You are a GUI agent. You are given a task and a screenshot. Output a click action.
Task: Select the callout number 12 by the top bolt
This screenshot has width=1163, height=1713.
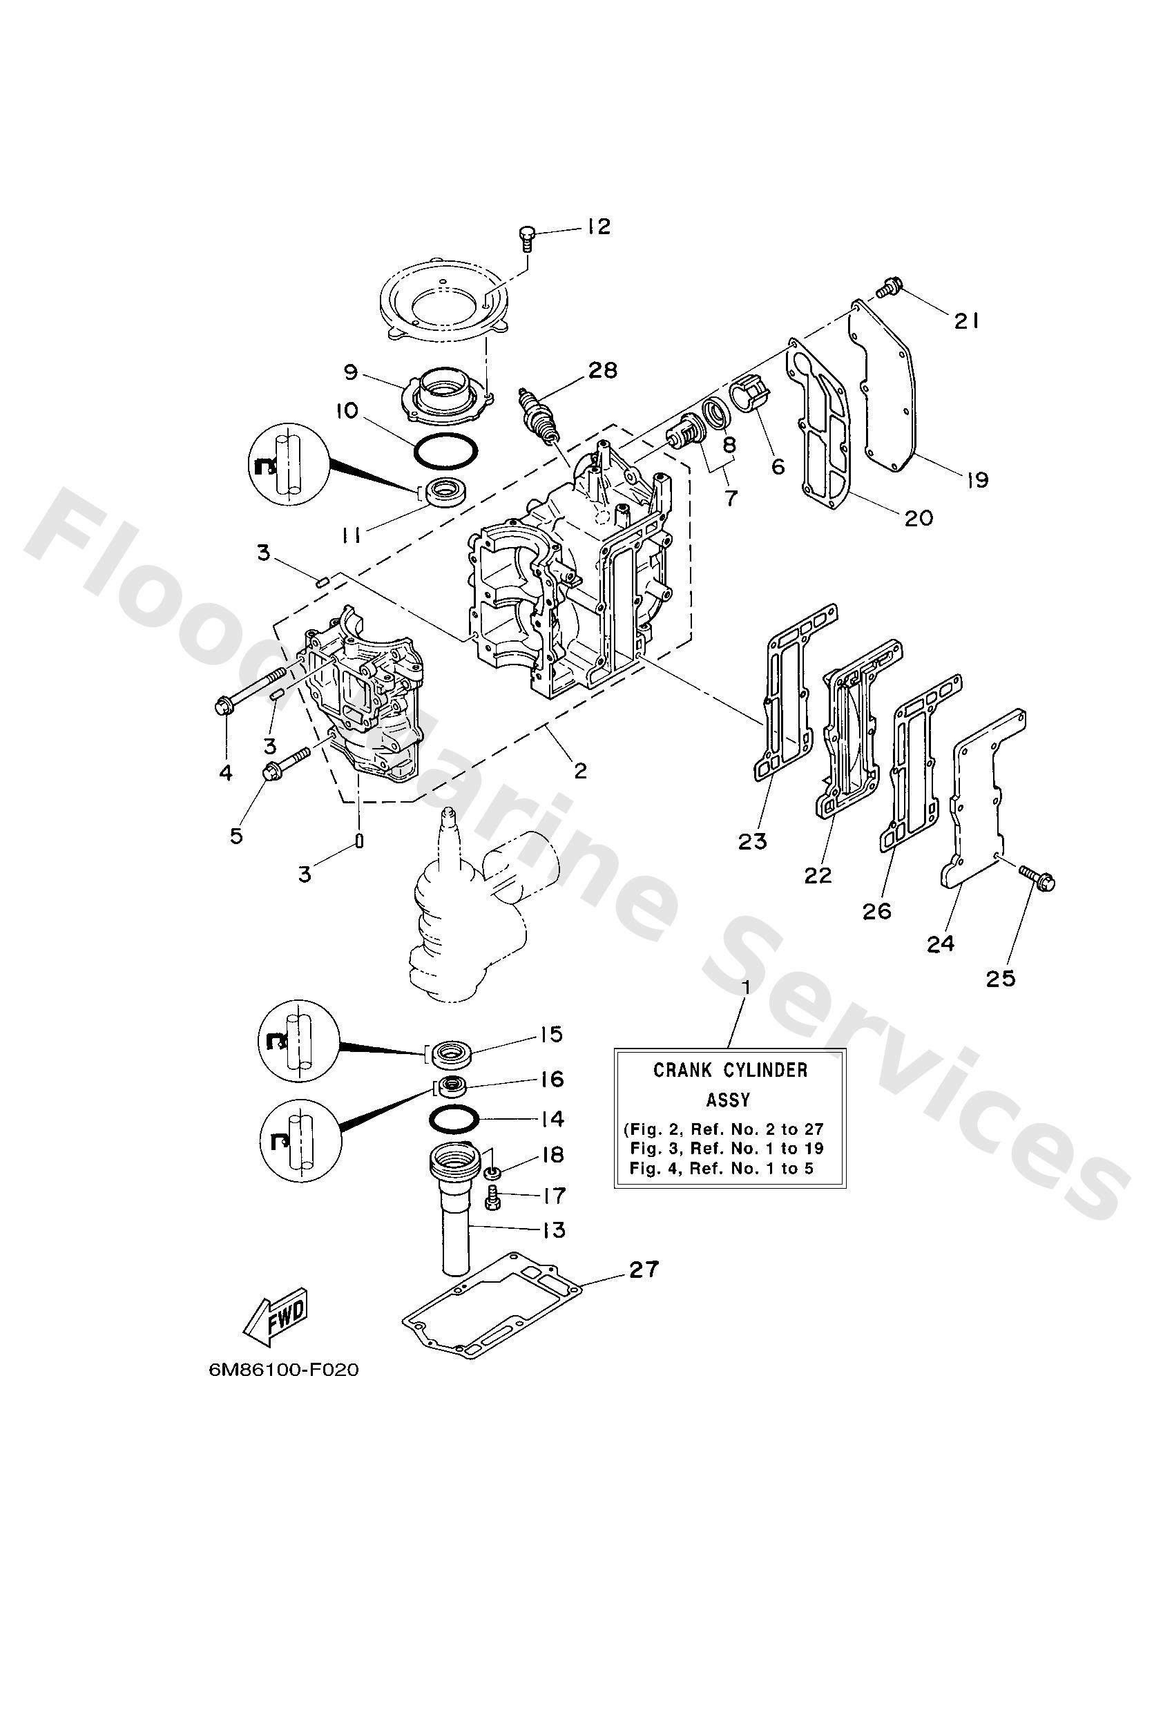(x=599, y=227)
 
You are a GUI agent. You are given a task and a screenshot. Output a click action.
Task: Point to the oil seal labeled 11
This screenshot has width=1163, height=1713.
(x=445, y=491)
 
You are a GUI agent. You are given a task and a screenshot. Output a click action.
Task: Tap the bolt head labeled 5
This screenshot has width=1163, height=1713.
(x=270, y=773)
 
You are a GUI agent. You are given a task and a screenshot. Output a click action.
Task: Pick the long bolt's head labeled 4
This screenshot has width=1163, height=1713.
(x=222, y=707)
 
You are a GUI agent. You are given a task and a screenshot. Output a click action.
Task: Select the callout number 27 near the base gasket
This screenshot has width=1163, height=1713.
(x=644, y=1270)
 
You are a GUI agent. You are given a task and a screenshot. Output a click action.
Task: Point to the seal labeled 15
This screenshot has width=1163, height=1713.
(x=450, y=1054)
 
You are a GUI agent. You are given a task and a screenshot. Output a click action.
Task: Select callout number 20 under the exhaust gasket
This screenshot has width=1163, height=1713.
(x=919, y=517)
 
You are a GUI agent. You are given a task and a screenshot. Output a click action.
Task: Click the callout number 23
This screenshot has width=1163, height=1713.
(x=753, y=841)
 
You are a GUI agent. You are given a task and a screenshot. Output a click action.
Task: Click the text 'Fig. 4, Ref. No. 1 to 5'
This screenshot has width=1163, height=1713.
(x=722, y=1168)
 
